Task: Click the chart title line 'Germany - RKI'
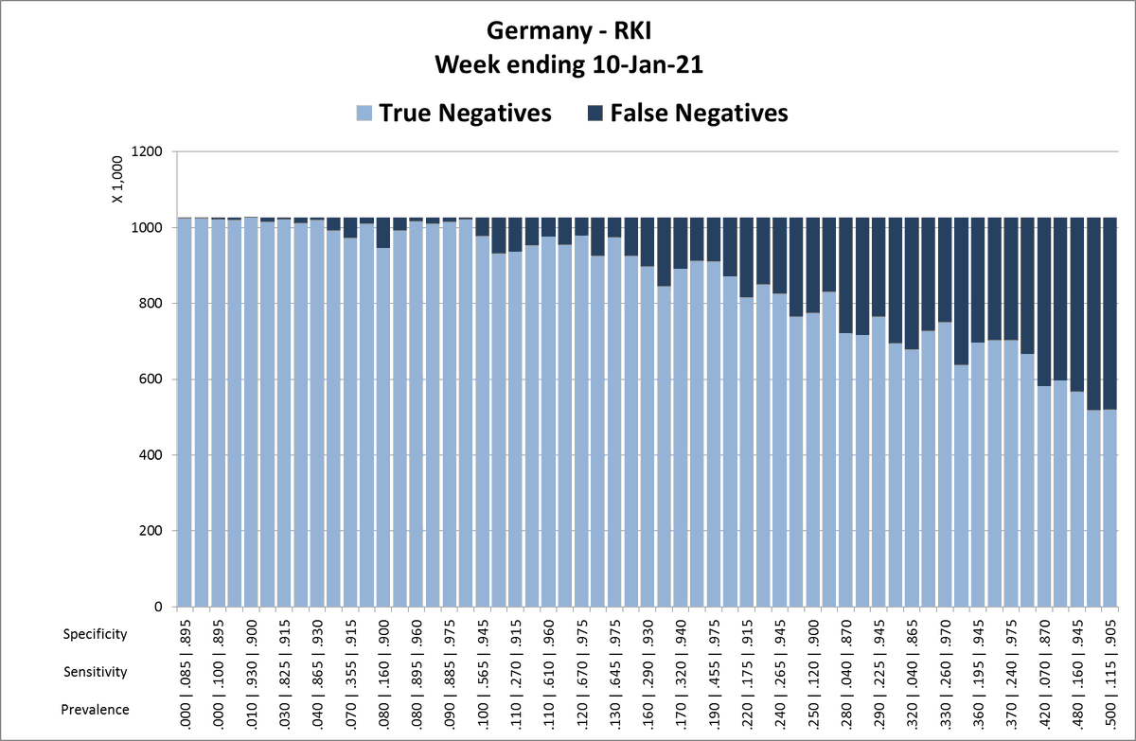pos(568,30)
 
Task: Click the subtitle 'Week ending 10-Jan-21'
pos(568,64)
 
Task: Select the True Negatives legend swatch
pos(364,114)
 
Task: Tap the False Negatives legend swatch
pos(596,114)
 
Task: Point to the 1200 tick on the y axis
pos(150,152)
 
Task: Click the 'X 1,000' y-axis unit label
pos(117,180)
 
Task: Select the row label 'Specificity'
pos(95,634)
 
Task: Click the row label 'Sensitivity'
pos(95,672)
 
